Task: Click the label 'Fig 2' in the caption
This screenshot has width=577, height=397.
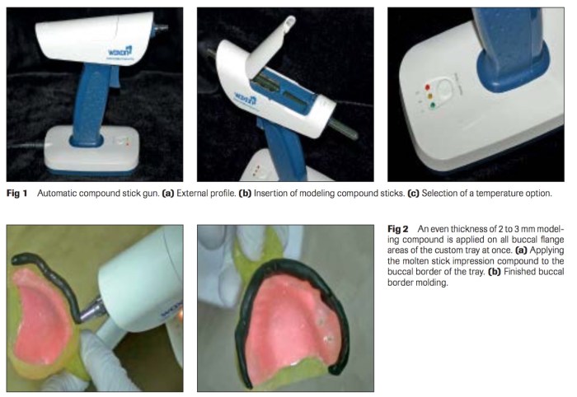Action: pyautogui.click(x=397, y=227)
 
